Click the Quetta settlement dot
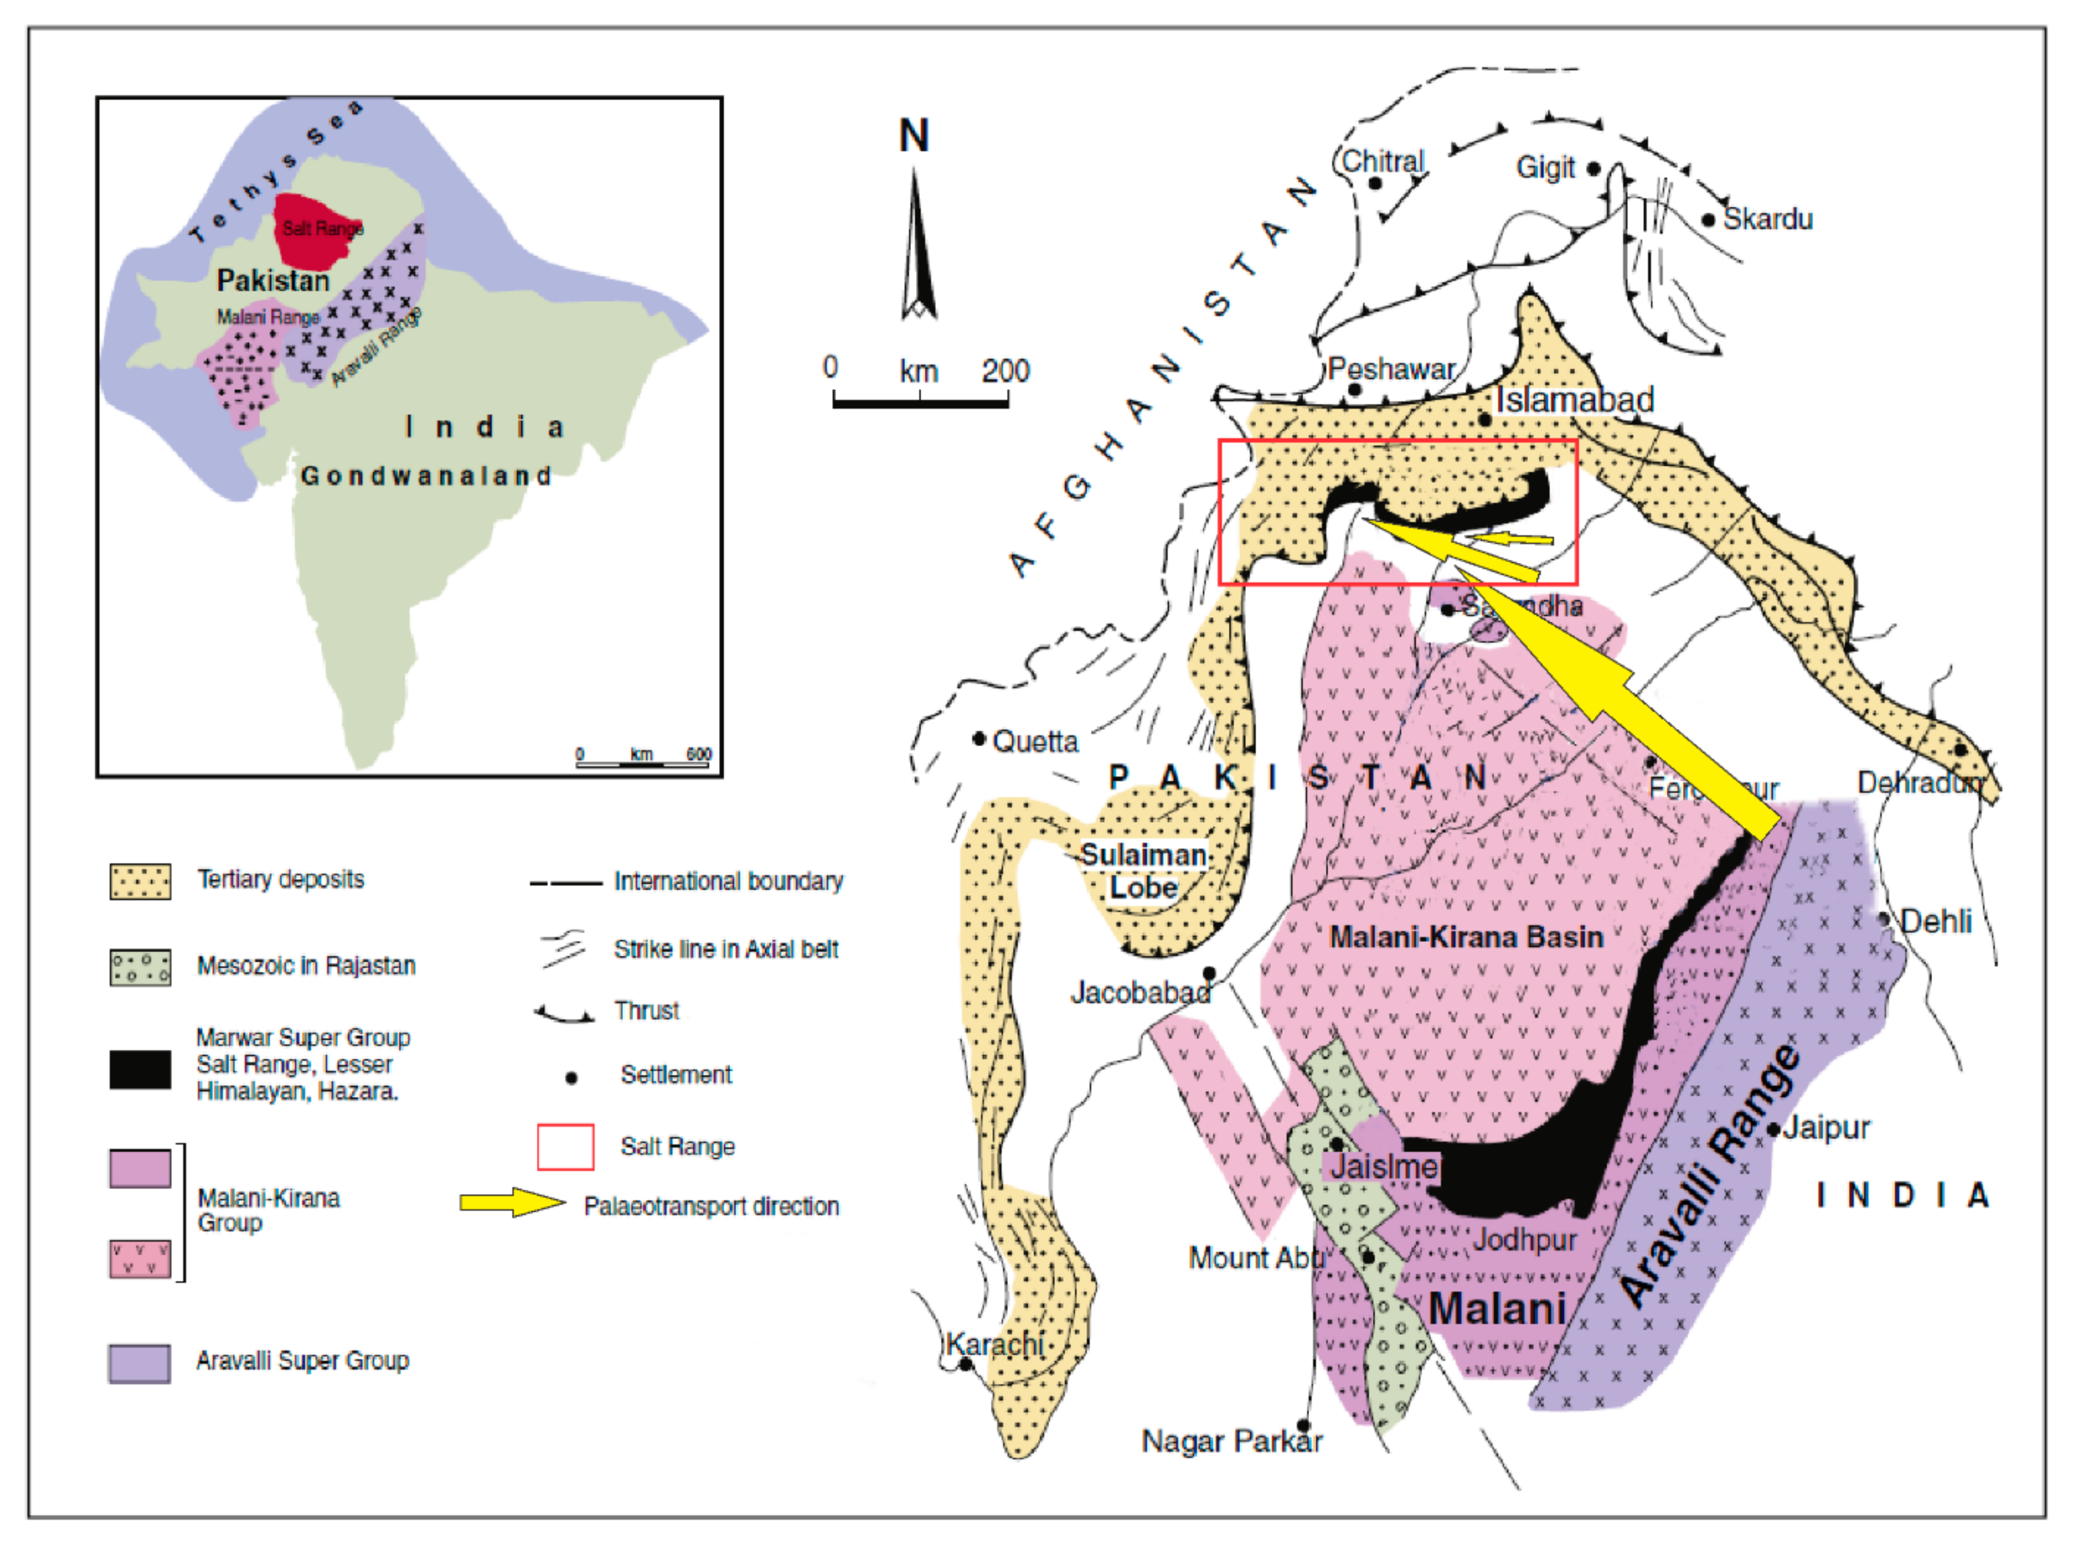(x=978, y=739)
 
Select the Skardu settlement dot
(x=1708, y=221)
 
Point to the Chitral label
(x=1383, y=162)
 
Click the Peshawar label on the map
(x=1391, y=369)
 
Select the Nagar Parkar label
(x=1231, y=1441)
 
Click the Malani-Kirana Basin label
(x=1466, y=937)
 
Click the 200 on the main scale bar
(x=1005, y=371)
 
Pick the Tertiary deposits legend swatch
(x=140, y=881)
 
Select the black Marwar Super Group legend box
(x=140, y=1069)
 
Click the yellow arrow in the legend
(x=512, y=1203)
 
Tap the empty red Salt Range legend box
(x=565, y=1147)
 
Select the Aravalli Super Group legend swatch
(x=140, y=1364)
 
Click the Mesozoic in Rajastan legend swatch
(x=140, y=968)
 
